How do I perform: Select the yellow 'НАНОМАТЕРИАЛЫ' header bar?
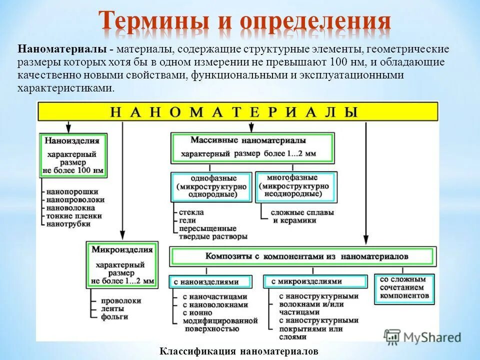pos(237,111)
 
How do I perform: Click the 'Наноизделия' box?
pos(74,154)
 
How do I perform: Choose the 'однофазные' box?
pos(211,186)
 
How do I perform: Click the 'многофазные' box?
pos(295,186)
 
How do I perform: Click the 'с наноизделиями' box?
pos(213,282)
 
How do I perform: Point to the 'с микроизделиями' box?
pos(315,282)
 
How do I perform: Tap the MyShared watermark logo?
pos(422,336)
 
